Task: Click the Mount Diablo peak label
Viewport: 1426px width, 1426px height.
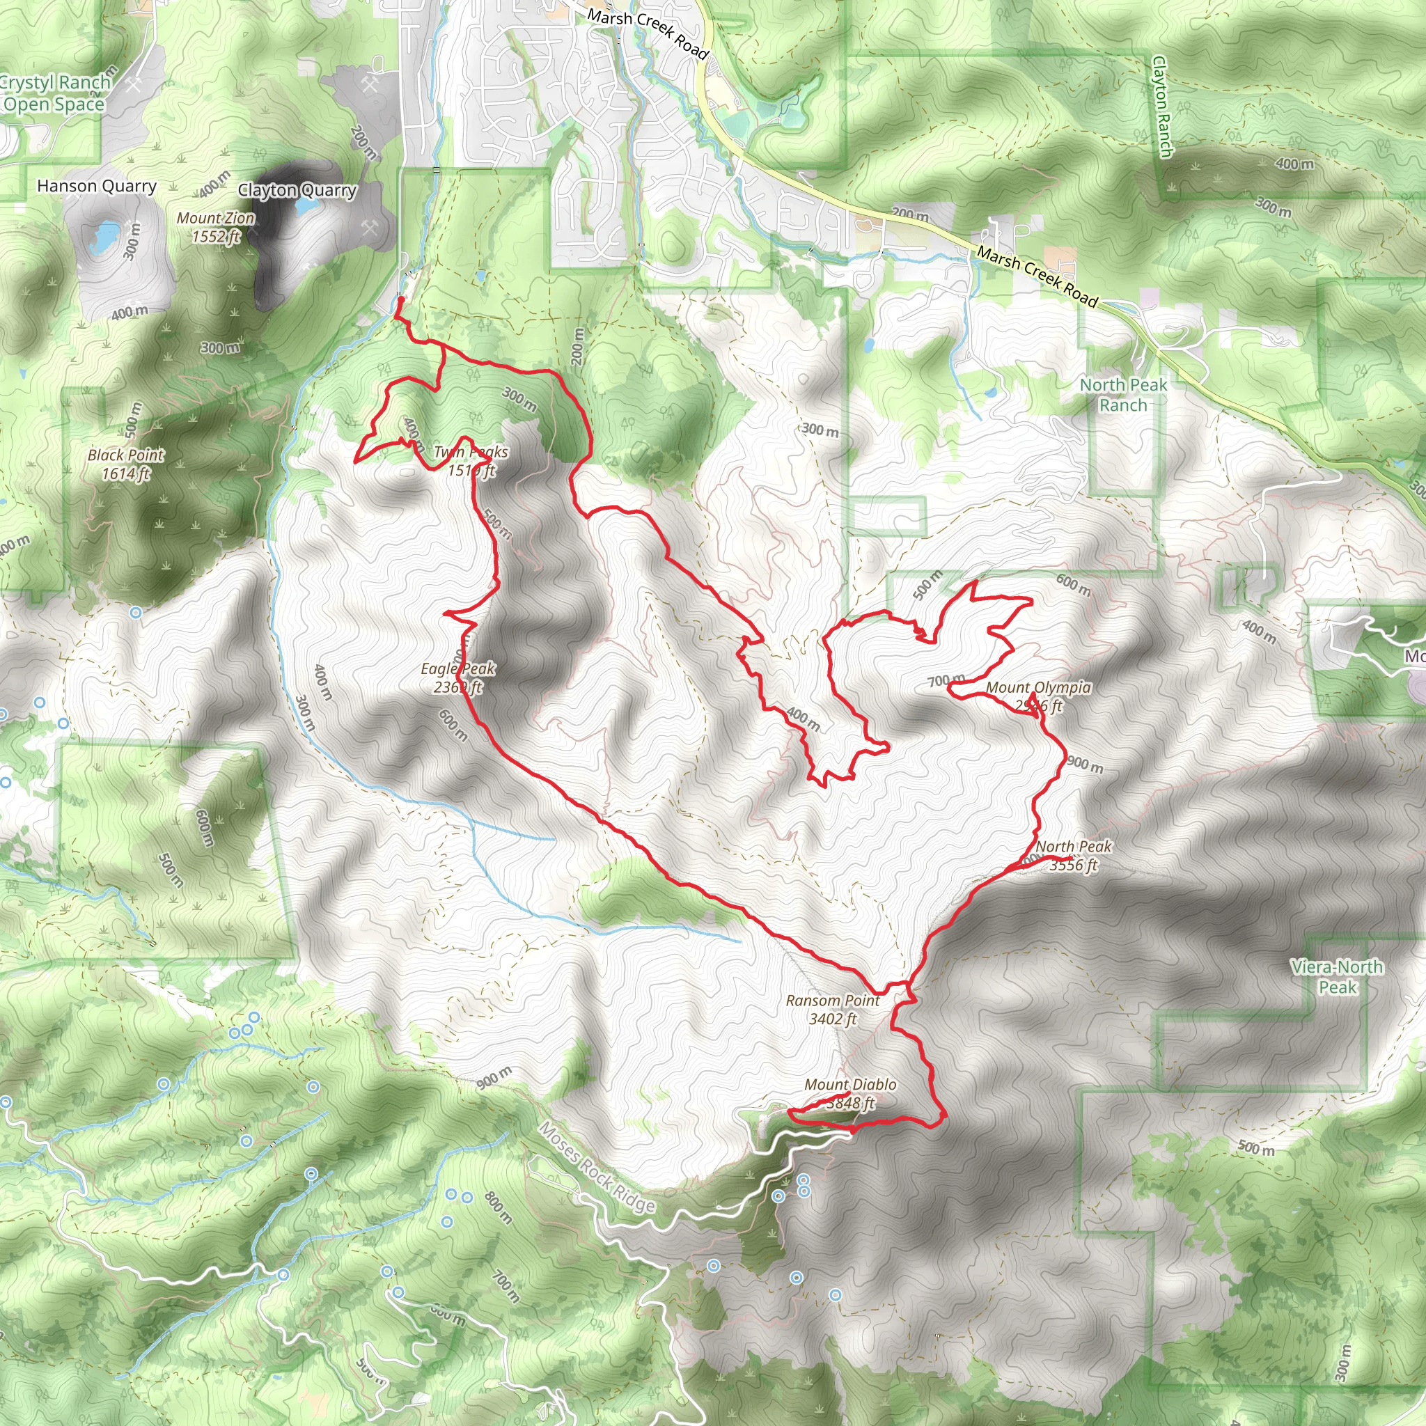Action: click(850, 1094)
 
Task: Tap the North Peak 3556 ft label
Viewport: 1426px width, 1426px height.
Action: click(1073, 856)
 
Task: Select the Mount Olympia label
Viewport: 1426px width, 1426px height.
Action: click(1038, 696)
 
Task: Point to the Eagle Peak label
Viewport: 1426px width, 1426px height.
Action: click(457, 677)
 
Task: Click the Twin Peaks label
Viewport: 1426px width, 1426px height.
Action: click(471, 460)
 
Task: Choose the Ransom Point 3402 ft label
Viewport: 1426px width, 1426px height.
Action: click(833, 1010)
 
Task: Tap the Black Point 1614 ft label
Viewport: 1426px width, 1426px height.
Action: click(125, 464)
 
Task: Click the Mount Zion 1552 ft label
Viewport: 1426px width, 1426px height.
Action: click(216, 227)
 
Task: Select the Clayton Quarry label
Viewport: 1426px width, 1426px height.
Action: click(297, 190)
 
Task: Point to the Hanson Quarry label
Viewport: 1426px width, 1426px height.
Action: click(97, 186)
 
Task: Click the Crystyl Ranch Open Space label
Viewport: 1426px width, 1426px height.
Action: click(53, 94)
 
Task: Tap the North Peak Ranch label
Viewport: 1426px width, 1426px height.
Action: click(1122, 395)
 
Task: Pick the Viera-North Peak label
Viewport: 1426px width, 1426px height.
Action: click(1337, 976)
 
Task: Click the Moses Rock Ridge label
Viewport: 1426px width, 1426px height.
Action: click(597, 1167)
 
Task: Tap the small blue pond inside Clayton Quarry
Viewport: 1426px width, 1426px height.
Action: click(304, 206)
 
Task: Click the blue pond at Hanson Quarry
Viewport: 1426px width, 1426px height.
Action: click(105, 237)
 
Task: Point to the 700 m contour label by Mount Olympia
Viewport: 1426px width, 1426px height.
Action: click(946, 680)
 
